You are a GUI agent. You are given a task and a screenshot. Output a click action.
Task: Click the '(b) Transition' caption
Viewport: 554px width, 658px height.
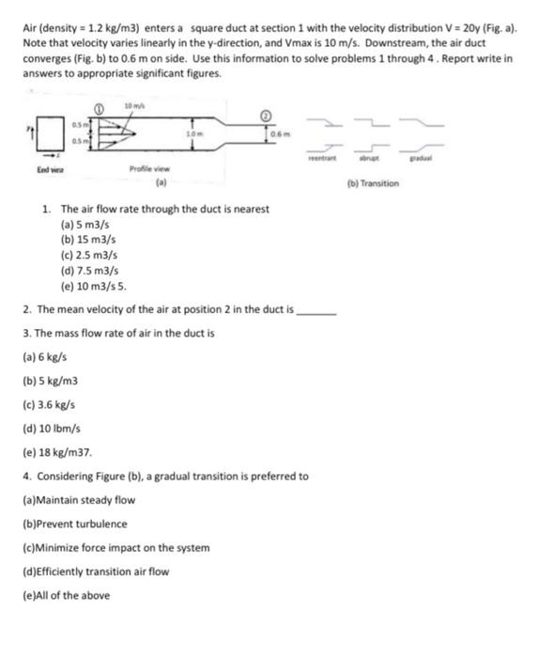[x=373, y=183]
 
